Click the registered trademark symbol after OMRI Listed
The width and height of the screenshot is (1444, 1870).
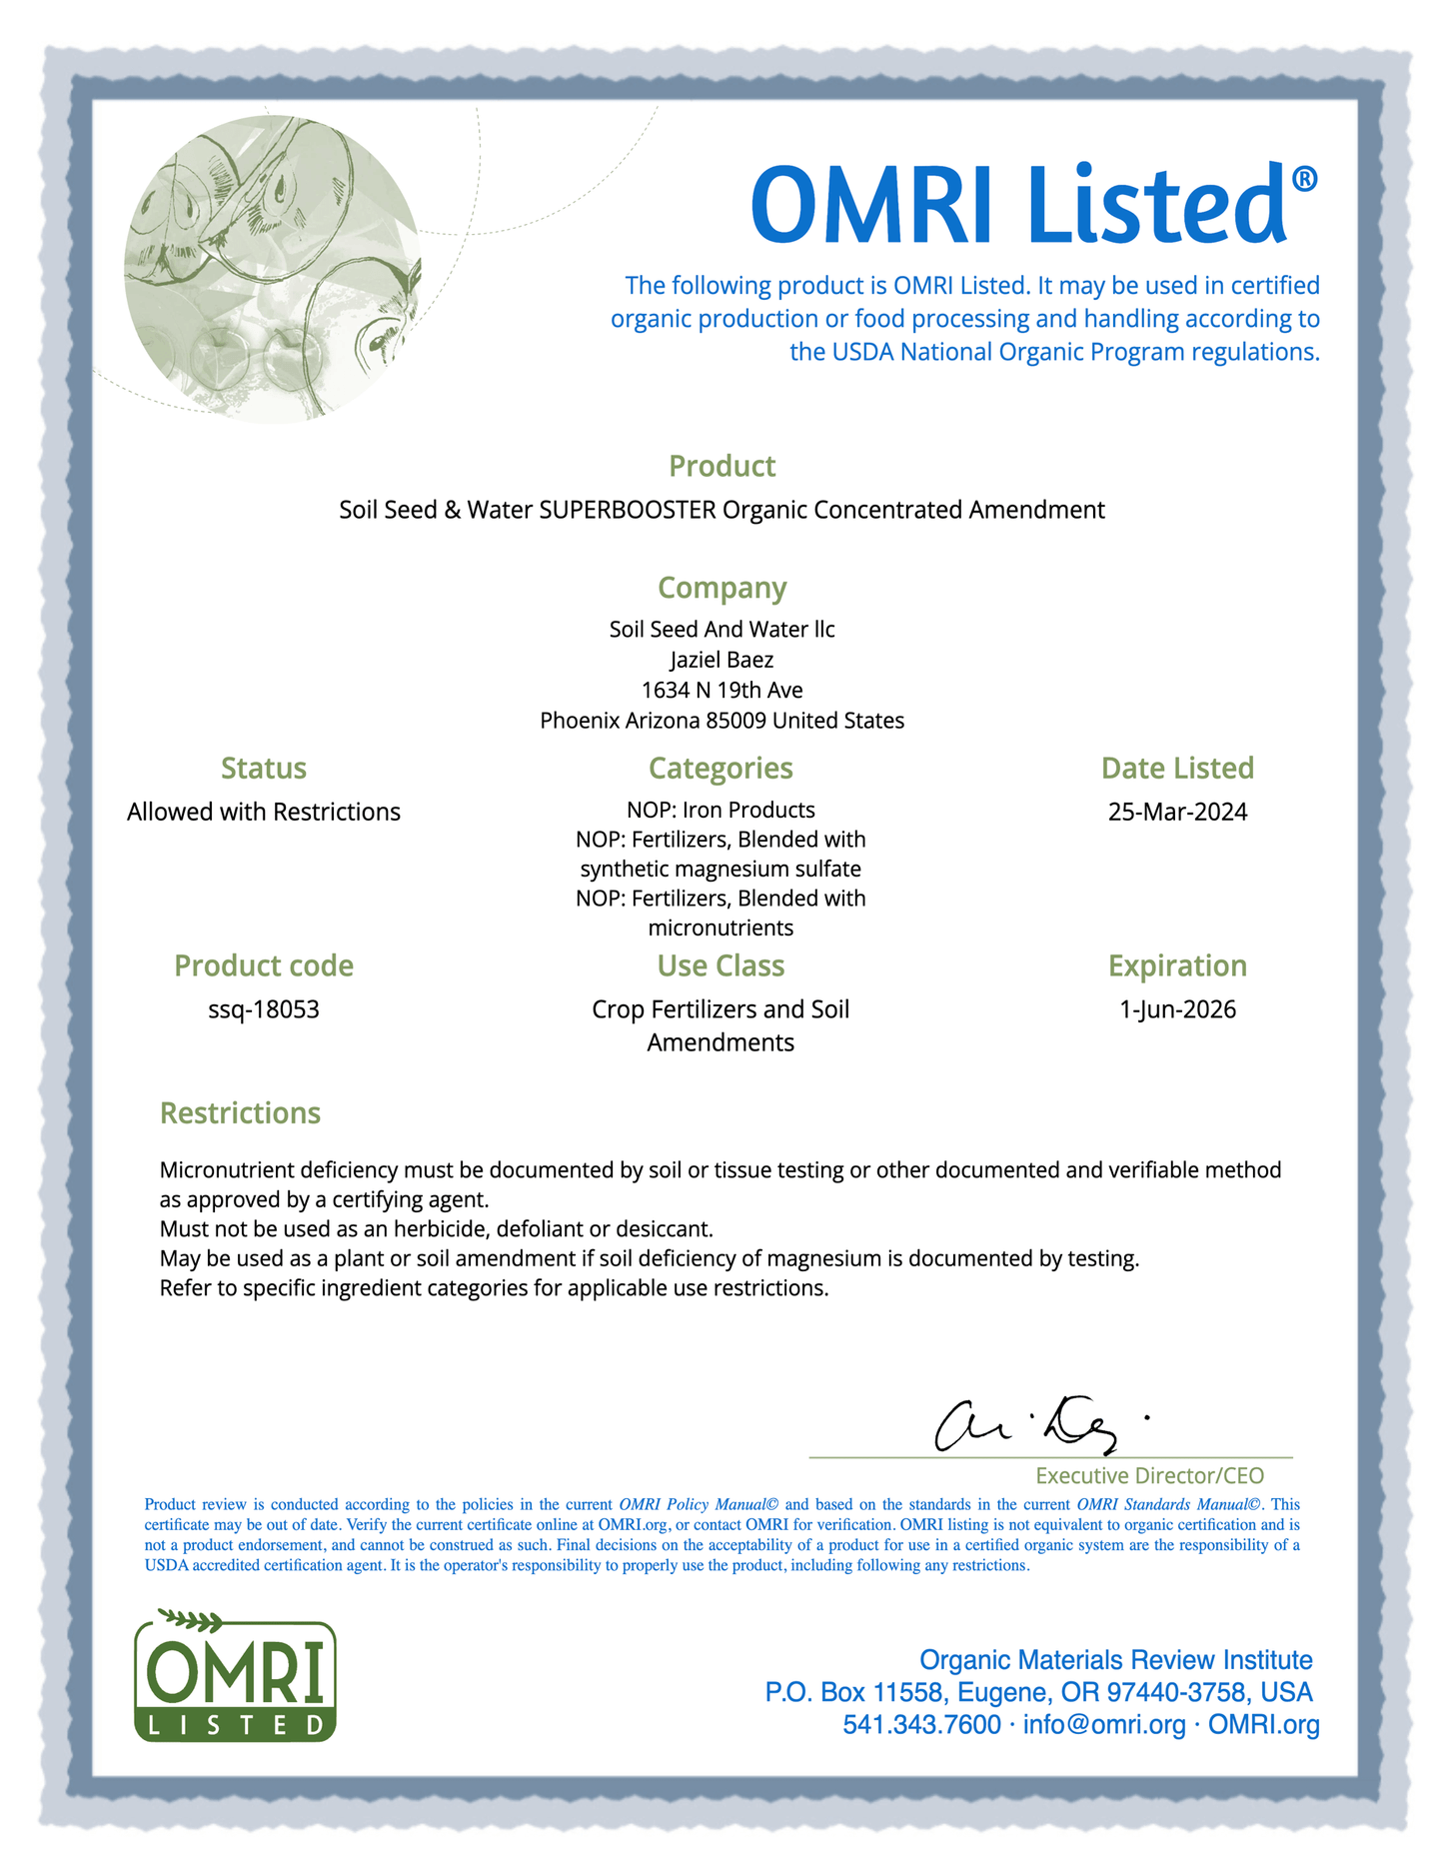[1304, 180]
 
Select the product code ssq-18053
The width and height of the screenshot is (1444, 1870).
[264, 1009]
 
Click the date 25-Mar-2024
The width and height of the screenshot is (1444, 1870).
[1177, 812]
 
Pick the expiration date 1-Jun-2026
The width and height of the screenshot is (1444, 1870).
[1177, 1009]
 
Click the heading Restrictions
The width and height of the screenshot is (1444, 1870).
[240, 1112]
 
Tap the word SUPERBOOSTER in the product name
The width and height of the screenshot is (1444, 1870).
[628, 510]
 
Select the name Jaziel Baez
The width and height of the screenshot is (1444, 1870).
[722, 660]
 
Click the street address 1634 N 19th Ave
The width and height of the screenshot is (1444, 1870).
[722, 690]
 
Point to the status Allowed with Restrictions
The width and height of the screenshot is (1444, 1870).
[264, 812]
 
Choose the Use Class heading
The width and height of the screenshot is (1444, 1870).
[721, 965]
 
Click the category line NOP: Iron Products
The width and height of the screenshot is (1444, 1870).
[721, 810]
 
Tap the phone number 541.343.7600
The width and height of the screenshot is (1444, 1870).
[921, 1724]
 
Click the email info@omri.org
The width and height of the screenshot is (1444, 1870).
[1104, 1724]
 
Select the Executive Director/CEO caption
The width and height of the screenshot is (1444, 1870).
[1149, 1475]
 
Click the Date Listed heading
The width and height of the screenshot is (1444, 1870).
[1177, 768]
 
